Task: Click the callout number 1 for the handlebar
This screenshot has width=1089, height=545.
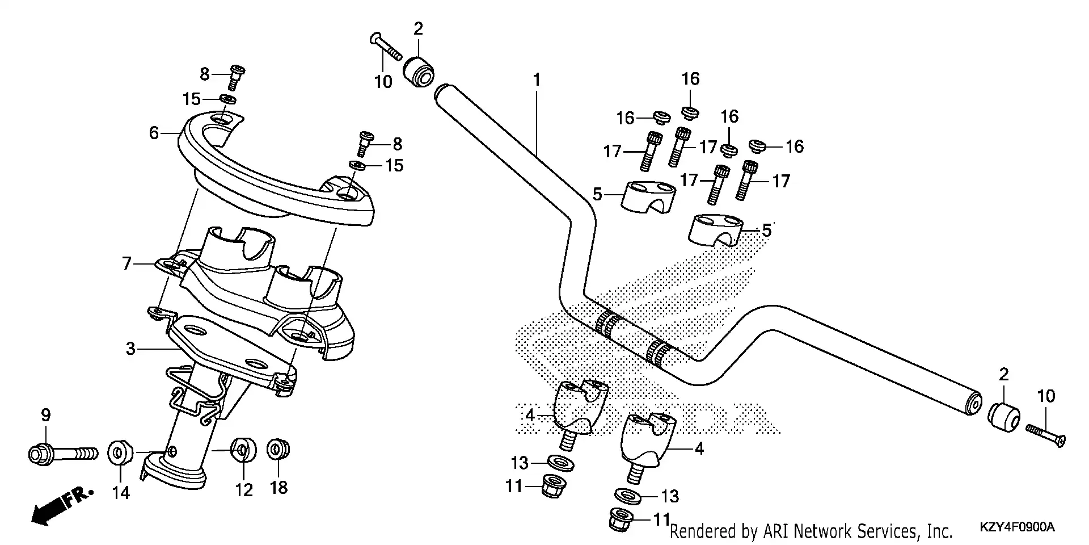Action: pyautogui.click(x=536, y=80)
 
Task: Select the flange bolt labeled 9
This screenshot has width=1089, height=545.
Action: pyautogui.click(x=61, y=454)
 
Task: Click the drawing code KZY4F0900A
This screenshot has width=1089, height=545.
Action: pyautogui.click(x=1018, y=527)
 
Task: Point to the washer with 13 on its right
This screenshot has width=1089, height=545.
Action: pyautogui.click(x=628, y=496)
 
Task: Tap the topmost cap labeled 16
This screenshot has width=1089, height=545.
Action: pyautogui.click(x=690, y=112)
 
